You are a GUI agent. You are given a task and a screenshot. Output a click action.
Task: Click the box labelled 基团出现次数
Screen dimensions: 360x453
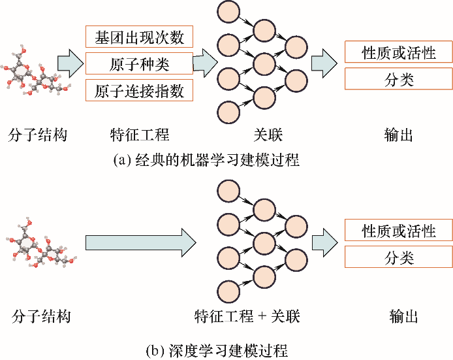(x=139, y=37)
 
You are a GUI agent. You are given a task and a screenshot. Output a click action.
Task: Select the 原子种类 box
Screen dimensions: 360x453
(x=139, y=63)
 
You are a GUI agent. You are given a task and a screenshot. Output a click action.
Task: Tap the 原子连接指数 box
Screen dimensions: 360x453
(x=139, y=90)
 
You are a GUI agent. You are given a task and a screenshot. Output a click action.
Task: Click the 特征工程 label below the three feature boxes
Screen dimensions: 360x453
(x=140, y=135)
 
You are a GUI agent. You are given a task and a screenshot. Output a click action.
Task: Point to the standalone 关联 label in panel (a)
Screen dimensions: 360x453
(x=268, y=135)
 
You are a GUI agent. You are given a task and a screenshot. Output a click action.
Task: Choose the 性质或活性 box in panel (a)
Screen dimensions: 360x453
(x=399, y=52)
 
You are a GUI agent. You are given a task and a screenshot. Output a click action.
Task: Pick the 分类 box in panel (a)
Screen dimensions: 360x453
(x=399, y=79)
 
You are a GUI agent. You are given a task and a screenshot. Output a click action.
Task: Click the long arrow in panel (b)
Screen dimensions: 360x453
(x=141, y=242)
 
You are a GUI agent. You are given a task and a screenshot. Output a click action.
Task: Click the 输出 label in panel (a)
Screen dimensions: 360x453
(x=399, y=135)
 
